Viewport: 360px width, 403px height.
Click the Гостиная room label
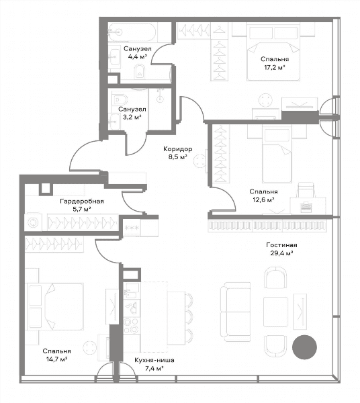click(x=281, y=245)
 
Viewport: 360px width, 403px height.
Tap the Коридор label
click(x=178, y=149)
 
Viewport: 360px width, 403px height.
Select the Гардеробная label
click(x=82, y=201)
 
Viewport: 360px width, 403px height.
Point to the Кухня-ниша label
click(x=154, y=360)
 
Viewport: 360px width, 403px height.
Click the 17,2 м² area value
click(x=275, y=67)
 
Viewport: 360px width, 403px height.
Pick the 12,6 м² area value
click(x=263, y=199)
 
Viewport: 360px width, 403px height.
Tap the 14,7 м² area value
click(x=57, y=359)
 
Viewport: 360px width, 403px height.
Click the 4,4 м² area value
click(x=138, y=56)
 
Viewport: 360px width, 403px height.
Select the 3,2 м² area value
click(x=132, y=117)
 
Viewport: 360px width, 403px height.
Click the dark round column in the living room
click(x=304, y=347)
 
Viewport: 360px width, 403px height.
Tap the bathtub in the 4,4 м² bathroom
click(x=132, y=32)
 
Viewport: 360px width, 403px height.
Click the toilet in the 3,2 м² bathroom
click(x=120, y=99)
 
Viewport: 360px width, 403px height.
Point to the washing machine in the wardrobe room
click(x=33, y=222)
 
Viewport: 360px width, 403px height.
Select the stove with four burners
click(x=132, y=326)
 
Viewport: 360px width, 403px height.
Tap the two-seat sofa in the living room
click(x=236, y=312)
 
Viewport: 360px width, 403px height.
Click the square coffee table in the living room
click(x=275, y=312)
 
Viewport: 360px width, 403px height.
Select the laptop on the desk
click(x=306, y=207)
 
